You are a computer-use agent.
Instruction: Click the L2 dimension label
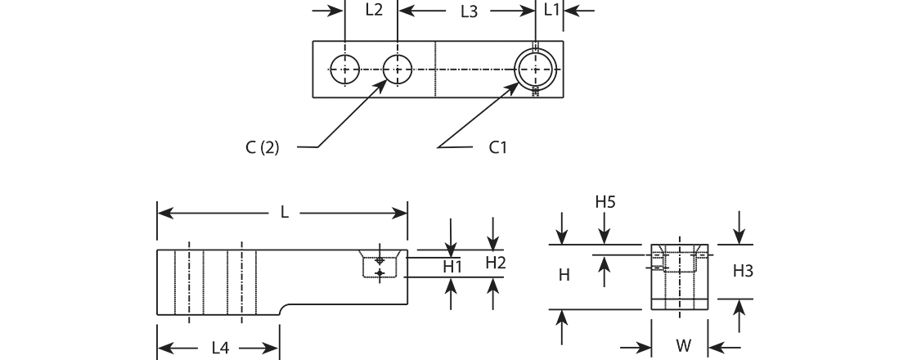point(373,10)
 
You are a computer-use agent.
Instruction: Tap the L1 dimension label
point(552,10)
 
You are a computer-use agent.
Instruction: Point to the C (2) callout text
point(262,147)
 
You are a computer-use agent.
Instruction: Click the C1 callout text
point(498,147)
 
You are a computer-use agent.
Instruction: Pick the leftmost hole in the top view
point(344,70)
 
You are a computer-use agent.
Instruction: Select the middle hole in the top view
point(398,70)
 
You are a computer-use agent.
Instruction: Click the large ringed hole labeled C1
point(535,70)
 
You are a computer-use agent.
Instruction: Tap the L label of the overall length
point(285,213)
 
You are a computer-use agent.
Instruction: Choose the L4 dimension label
point(220,348)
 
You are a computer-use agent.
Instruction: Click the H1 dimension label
point(452,267)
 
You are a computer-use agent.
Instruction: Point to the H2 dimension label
point(496,263)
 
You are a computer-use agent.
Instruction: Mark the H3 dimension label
point(743,271)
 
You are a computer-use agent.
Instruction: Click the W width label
point(683,346)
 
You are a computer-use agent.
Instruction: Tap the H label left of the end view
point(564,276)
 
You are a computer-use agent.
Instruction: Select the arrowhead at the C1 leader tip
point(518,83)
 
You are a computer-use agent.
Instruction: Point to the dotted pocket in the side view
point(379,265)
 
